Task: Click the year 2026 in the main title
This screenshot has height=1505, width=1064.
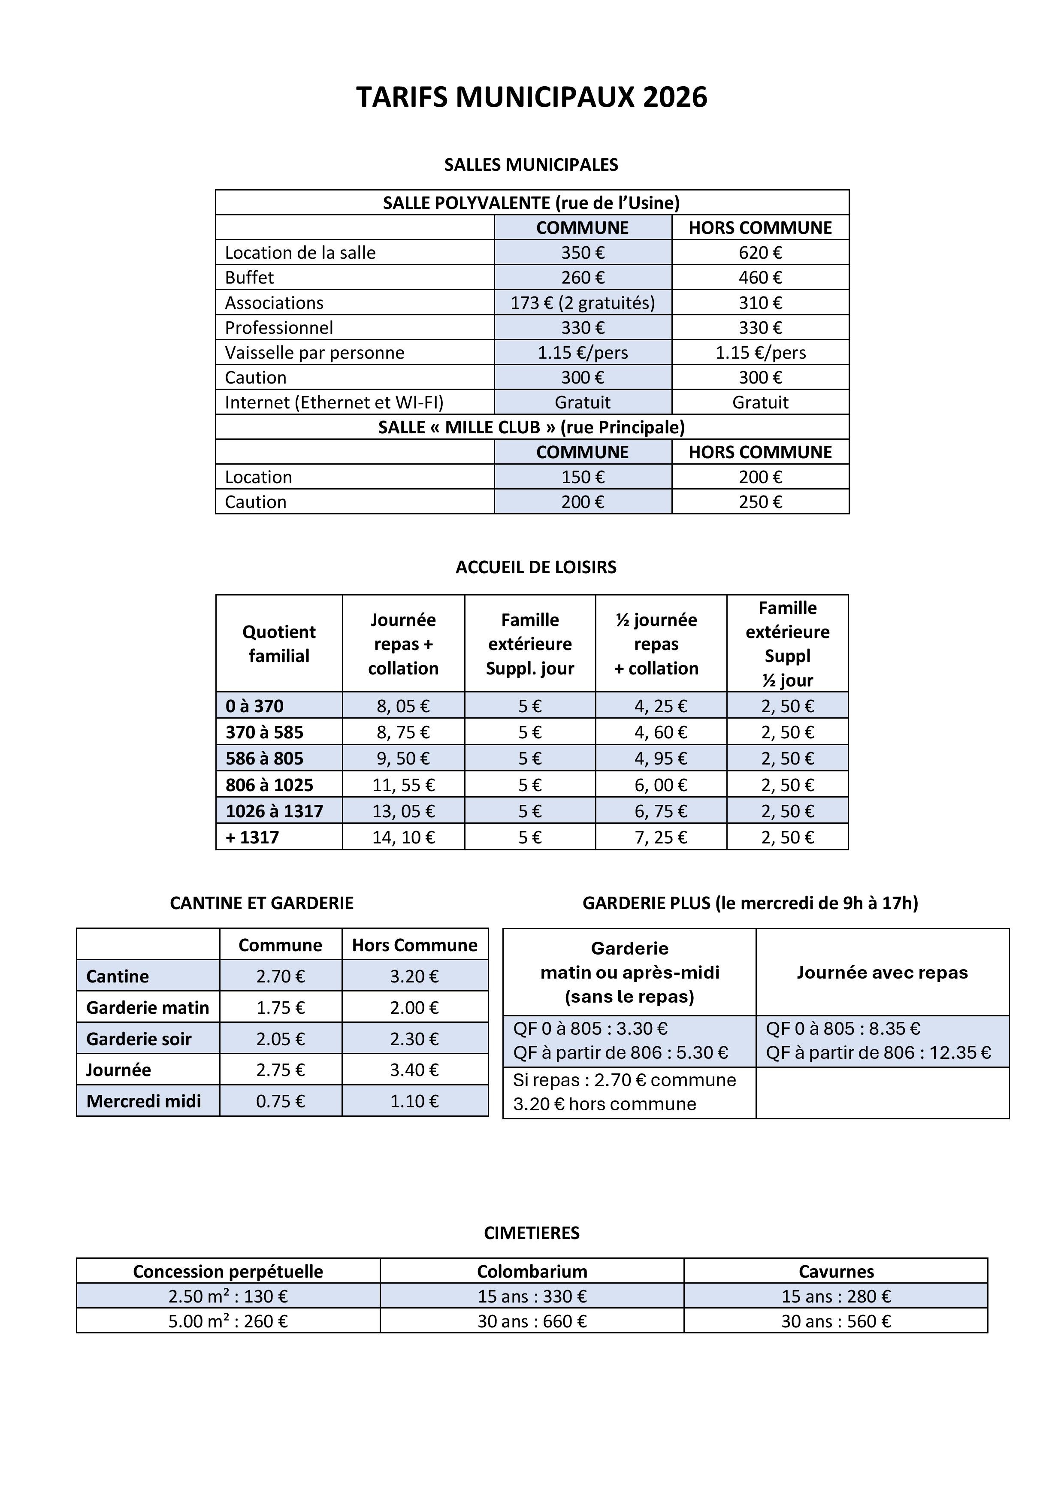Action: click(674, 97)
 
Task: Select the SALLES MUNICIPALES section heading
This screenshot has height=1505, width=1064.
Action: click(531, 164)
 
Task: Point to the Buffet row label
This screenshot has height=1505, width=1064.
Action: click(249, 277)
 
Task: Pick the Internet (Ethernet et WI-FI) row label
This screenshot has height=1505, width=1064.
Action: click(334, 402)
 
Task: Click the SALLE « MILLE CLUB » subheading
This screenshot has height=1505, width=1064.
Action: click(531, 427)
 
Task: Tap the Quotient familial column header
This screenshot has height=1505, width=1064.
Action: click(278, 643)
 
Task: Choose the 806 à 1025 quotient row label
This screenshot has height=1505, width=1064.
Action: click(269, 785)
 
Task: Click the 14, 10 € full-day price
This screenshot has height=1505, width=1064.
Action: click(403, 837)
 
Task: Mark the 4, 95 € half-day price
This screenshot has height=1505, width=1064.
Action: click(660, 759)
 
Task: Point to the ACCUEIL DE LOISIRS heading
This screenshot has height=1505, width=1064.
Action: click(535, 567)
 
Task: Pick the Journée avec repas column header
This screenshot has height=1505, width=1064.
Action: click(882, 972)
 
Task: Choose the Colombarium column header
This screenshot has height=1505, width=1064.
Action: click(532, 1271)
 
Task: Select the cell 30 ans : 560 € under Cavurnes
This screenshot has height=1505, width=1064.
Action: click(835, 1321)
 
